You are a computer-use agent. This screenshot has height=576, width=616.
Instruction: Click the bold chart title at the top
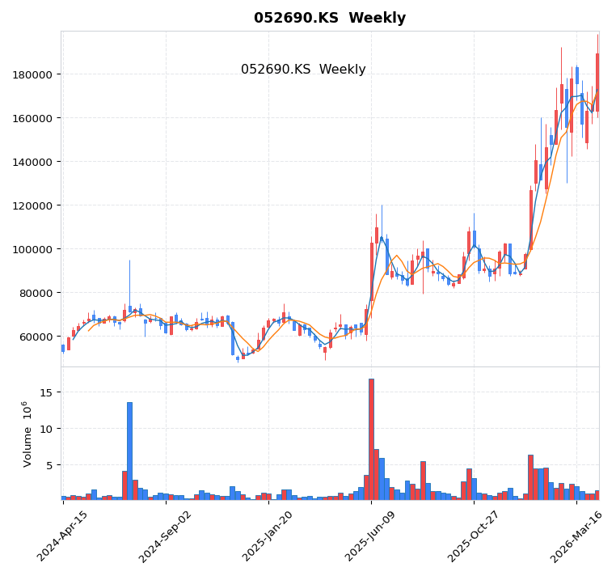pyautogui.click(x=330, y=18)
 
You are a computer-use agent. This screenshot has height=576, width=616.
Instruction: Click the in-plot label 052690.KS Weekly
pyautogui.click(x=303, y=70)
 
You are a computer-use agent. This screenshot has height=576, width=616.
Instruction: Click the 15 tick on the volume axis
pyautogui.click(x=46, y=392)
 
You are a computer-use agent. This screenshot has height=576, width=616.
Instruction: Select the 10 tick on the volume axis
pyautogui.click(x=46, y=429)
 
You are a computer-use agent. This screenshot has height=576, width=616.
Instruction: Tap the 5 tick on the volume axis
pyautogui.click(x=49, y=465)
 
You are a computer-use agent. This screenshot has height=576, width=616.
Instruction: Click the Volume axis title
pyautogui.click(x=27, y=434)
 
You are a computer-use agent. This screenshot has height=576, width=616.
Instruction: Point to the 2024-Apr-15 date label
pyautogui.click(x=63, y=536)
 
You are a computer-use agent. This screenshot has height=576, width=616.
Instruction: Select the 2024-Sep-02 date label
pyautogui.click(x=166, y=536)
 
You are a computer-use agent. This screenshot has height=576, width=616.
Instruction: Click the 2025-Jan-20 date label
pyautogui.click(x=268, y=536)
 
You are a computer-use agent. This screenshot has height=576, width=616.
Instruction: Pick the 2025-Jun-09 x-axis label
pyautogui.click(x=371, y=536)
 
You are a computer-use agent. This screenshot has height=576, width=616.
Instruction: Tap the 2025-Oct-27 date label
pyautogui.click(x=474, y=536)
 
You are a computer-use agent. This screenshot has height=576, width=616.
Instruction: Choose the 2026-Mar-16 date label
pyautogui.click(x=576, y=536)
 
